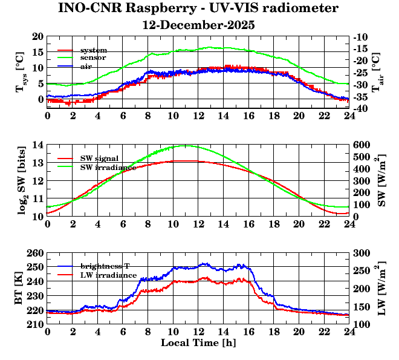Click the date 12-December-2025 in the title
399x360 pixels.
coord(198,25)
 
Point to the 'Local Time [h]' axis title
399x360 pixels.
coord(198,343)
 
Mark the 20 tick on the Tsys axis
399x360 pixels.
coord(37,36)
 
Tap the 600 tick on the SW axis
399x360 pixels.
coord(362,145)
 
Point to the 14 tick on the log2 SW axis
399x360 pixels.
coord(37,145)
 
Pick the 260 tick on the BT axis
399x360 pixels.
coord(35,252)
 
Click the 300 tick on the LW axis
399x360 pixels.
coord(362,252)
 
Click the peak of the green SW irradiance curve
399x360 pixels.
coord(186,145)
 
